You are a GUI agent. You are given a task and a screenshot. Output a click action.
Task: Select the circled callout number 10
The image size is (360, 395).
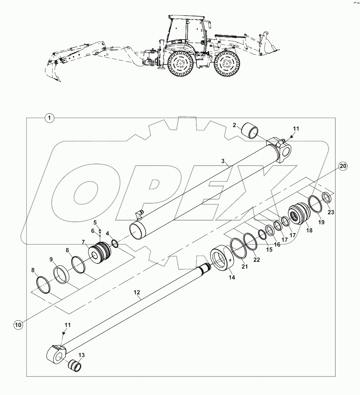tap(18, 325)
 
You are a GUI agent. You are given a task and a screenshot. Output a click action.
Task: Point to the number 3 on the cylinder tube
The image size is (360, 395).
tap(223, 161)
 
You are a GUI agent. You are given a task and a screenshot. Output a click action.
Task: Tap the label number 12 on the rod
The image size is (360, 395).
tap(137, 292)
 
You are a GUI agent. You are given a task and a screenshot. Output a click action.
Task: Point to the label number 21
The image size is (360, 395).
tap(244, 267)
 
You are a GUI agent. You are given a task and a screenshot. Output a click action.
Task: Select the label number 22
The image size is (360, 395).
tap(256, 260)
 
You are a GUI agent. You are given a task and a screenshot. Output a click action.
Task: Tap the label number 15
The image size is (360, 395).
tap(269, 249)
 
